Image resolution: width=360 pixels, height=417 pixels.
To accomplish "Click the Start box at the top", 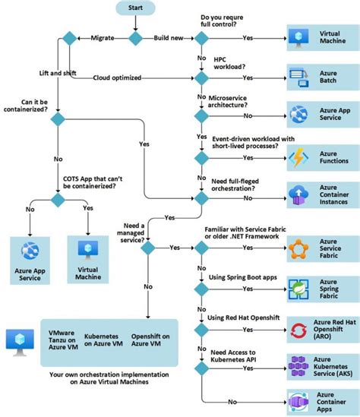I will tap(134, 9).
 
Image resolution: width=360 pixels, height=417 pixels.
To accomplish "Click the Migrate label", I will tap(103, 37).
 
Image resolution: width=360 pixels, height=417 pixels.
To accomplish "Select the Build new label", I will tap(168, 37).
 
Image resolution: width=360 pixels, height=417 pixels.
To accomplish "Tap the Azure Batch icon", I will tap(296, 77).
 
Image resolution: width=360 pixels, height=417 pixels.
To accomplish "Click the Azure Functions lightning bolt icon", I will tap(296, 158).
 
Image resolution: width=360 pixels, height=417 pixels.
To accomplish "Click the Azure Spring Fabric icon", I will tap(296, 289).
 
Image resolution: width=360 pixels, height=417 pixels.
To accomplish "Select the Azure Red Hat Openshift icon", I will tap(296, 329).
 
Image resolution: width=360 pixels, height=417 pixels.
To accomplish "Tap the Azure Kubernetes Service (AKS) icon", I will tap(296, 368).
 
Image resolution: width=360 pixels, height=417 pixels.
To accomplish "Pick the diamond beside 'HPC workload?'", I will tap(201, 77).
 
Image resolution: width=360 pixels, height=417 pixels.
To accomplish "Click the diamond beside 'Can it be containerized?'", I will tap(58, 118).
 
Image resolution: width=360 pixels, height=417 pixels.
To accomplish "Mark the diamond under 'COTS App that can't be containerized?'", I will tap(58, 199).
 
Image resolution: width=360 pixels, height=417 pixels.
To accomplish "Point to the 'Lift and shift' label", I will tap(58, 73).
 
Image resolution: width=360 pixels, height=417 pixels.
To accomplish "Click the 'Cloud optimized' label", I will tap(118, 77).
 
